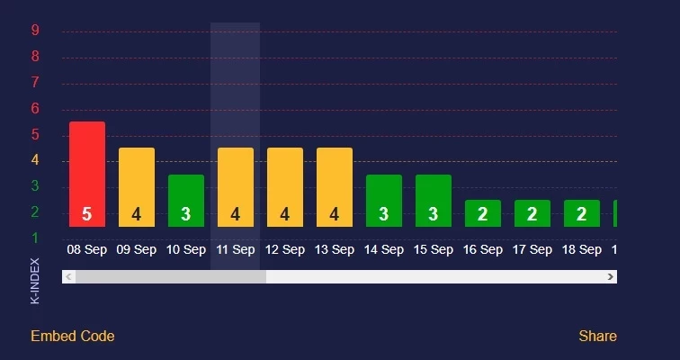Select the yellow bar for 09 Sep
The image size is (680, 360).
tap(137, 187)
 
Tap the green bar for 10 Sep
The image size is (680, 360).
tap(186, 200)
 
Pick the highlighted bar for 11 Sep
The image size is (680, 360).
tap(236, 187)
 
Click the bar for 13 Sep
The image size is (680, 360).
tap(335, 187)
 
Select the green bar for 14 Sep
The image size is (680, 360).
tap(384, 200)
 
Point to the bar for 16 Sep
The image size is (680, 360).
tap(483, 213)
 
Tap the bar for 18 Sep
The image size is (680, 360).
tap(582, 213)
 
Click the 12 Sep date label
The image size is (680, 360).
tap(285, 250)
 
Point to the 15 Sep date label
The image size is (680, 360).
tap(434, 250)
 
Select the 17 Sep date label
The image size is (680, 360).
tap(532, 250)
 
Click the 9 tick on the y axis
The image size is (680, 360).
tap(35, 31)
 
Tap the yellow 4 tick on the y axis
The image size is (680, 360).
tap(35, 161)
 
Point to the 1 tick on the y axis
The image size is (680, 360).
tap(35, 238)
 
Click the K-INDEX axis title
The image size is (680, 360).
tap(35, 281)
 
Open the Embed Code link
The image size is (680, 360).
tap(73, 337)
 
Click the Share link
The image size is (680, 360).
tap(597, 337)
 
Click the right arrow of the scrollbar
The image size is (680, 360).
tap(611, 277)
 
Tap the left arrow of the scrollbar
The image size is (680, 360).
tap(68, 277)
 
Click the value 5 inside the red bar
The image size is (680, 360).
tap(87, 214)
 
